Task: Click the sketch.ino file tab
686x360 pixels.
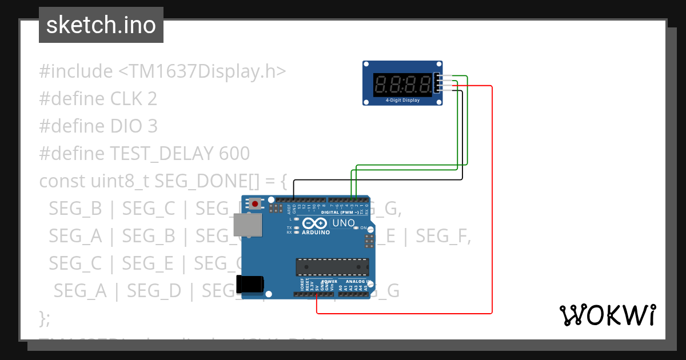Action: [101, 25]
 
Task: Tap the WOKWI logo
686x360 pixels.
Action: [607, 315]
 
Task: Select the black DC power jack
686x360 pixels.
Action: [250, 284]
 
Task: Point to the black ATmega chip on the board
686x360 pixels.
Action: [332, 267]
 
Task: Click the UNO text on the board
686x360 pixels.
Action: [344, 223]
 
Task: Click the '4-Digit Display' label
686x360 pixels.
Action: [402, 100]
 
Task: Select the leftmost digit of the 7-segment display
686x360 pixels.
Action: [381, 85]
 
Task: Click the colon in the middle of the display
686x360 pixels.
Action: [403, 85]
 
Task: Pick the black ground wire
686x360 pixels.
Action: [377, 180]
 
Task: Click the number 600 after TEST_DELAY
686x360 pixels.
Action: [234, 153]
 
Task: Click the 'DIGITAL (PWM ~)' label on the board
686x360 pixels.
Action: [340, 212]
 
